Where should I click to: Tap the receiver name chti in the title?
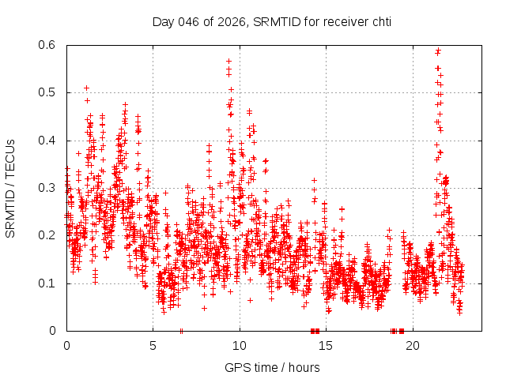[x=379, y=21]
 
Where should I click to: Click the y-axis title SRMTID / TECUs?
[x=10, y=188]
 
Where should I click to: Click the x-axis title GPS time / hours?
[x=272, y=367]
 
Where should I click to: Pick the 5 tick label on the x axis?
[x=153, y=345]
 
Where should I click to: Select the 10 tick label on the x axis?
[x=240, y=345]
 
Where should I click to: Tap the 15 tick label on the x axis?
[x=326, y=345]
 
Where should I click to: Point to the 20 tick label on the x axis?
[x=413, y=345]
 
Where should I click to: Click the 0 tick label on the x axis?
[x=66, y=345]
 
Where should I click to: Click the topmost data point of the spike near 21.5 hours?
[x=438, y=51]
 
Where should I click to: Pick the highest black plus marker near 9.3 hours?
[x=228, y=61]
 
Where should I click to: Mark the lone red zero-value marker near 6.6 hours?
[x=182, y=330]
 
